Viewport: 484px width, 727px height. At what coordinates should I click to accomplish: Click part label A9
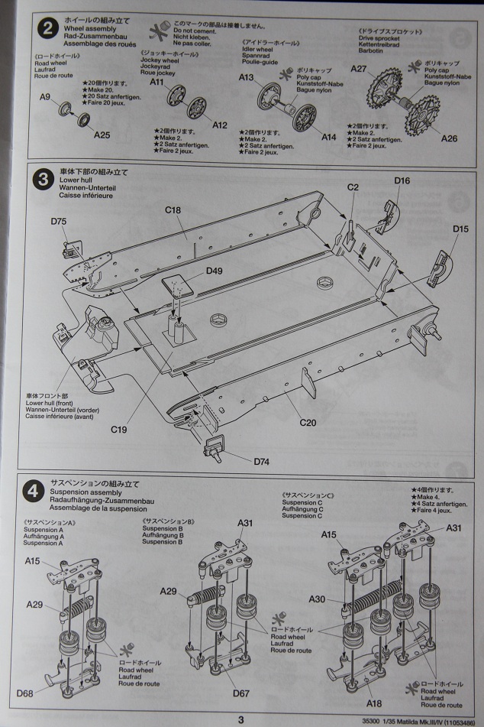point(45,97)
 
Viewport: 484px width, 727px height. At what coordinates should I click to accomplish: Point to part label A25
point(102,135)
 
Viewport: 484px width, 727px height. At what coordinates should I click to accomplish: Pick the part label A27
point(359,69)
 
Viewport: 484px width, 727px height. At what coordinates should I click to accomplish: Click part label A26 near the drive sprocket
point(450,138)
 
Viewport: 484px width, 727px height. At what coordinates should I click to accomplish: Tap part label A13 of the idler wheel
point(247,78)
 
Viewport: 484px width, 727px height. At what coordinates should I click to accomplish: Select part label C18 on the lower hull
point(173,209)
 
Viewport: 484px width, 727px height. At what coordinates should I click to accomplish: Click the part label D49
point(215,271)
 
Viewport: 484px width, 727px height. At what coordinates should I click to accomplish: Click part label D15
point(460,229)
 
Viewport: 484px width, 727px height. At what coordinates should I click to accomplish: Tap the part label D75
point(60,221)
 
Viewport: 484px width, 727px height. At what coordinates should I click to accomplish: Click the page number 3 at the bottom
point(240,719)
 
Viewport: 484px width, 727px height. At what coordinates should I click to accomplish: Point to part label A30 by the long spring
point(319,599)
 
